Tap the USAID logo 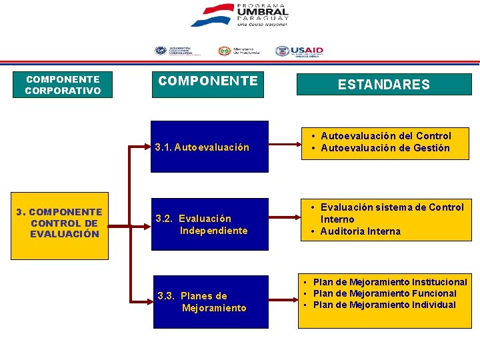pyautogui.click(x=299, y=51)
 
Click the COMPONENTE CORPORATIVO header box pyautogui.click(x=63, y=85)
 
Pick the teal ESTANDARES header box pyautogui.click(x=383, y=85)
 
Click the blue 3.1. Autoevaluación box pyautogui.click(x=210, y=147)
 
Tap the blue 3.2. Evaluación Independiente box pyautogui.click(x=210, y=225)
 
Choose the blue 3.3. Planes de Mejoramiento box pyautogui.click(x=210, y=302)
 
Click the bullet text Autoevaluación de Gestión pyautogui.click(x=385, y=148)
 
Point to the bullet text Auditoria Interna pyautogui.click(x=360, y=231)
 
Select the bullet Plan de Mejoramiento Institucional pyautogui.click(x=390, y=282)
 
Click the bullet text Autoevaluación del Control pyautogui.click(x=385, y=136)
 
